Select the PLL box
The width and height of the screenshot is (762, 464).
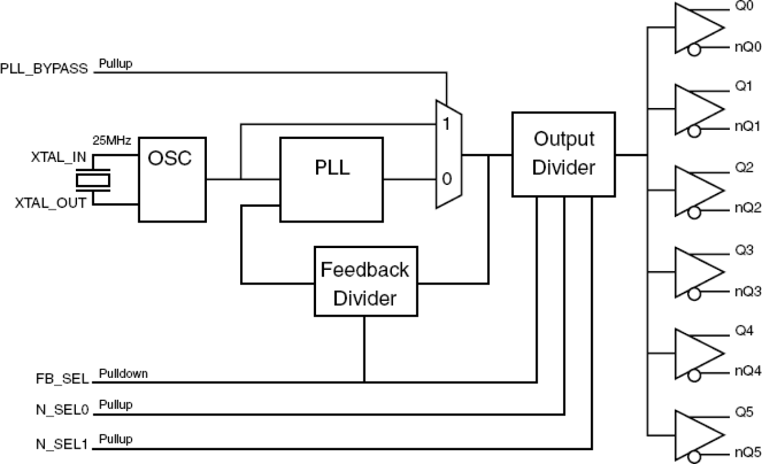[331, 180]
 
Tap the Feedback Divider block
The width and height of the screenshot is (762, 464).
[365, 281]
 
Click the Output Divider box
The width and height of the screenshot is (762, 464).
[564, 154]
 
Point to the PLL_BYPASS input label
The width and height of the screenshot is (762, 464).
[44, 68]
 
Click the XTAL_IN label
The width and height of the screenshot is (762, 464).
[58, 158]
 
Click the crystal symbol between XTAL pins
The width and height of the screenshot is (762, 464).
[93, 180]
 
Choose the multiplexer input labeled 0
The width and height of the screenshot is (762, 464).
[447, 180]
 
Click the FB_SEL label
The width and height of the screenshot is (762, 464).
[62, 381]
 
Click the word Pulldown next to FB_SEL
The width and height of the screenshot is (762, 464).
[123, 373]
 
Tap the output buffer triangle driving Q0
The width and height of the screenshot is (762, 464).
[696, 29]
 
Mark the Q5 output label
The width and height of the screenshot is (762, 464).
[744, 413]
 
